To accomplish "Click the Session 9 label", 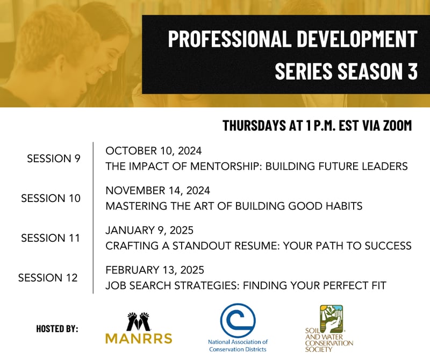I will click(x=53, y=159).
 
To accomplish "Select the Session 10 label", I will click(x=51, y=198).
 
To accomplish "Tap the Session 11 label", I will click(x=51, y=238).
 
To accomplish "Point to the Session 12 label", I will click(x=48, y=278).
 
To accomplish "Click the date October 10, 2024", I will click(x=153, y=150).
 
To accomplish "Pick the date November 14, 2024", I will click(x=157, y=190).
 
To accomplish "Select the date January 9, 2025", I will click(x=149, y=230).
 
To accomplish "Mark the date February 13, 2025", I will click(x=155, y=270).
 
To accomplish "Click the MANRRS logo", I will click(x=138, y=328).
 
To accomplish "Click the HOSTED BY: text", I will click(x=57, y=328).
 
